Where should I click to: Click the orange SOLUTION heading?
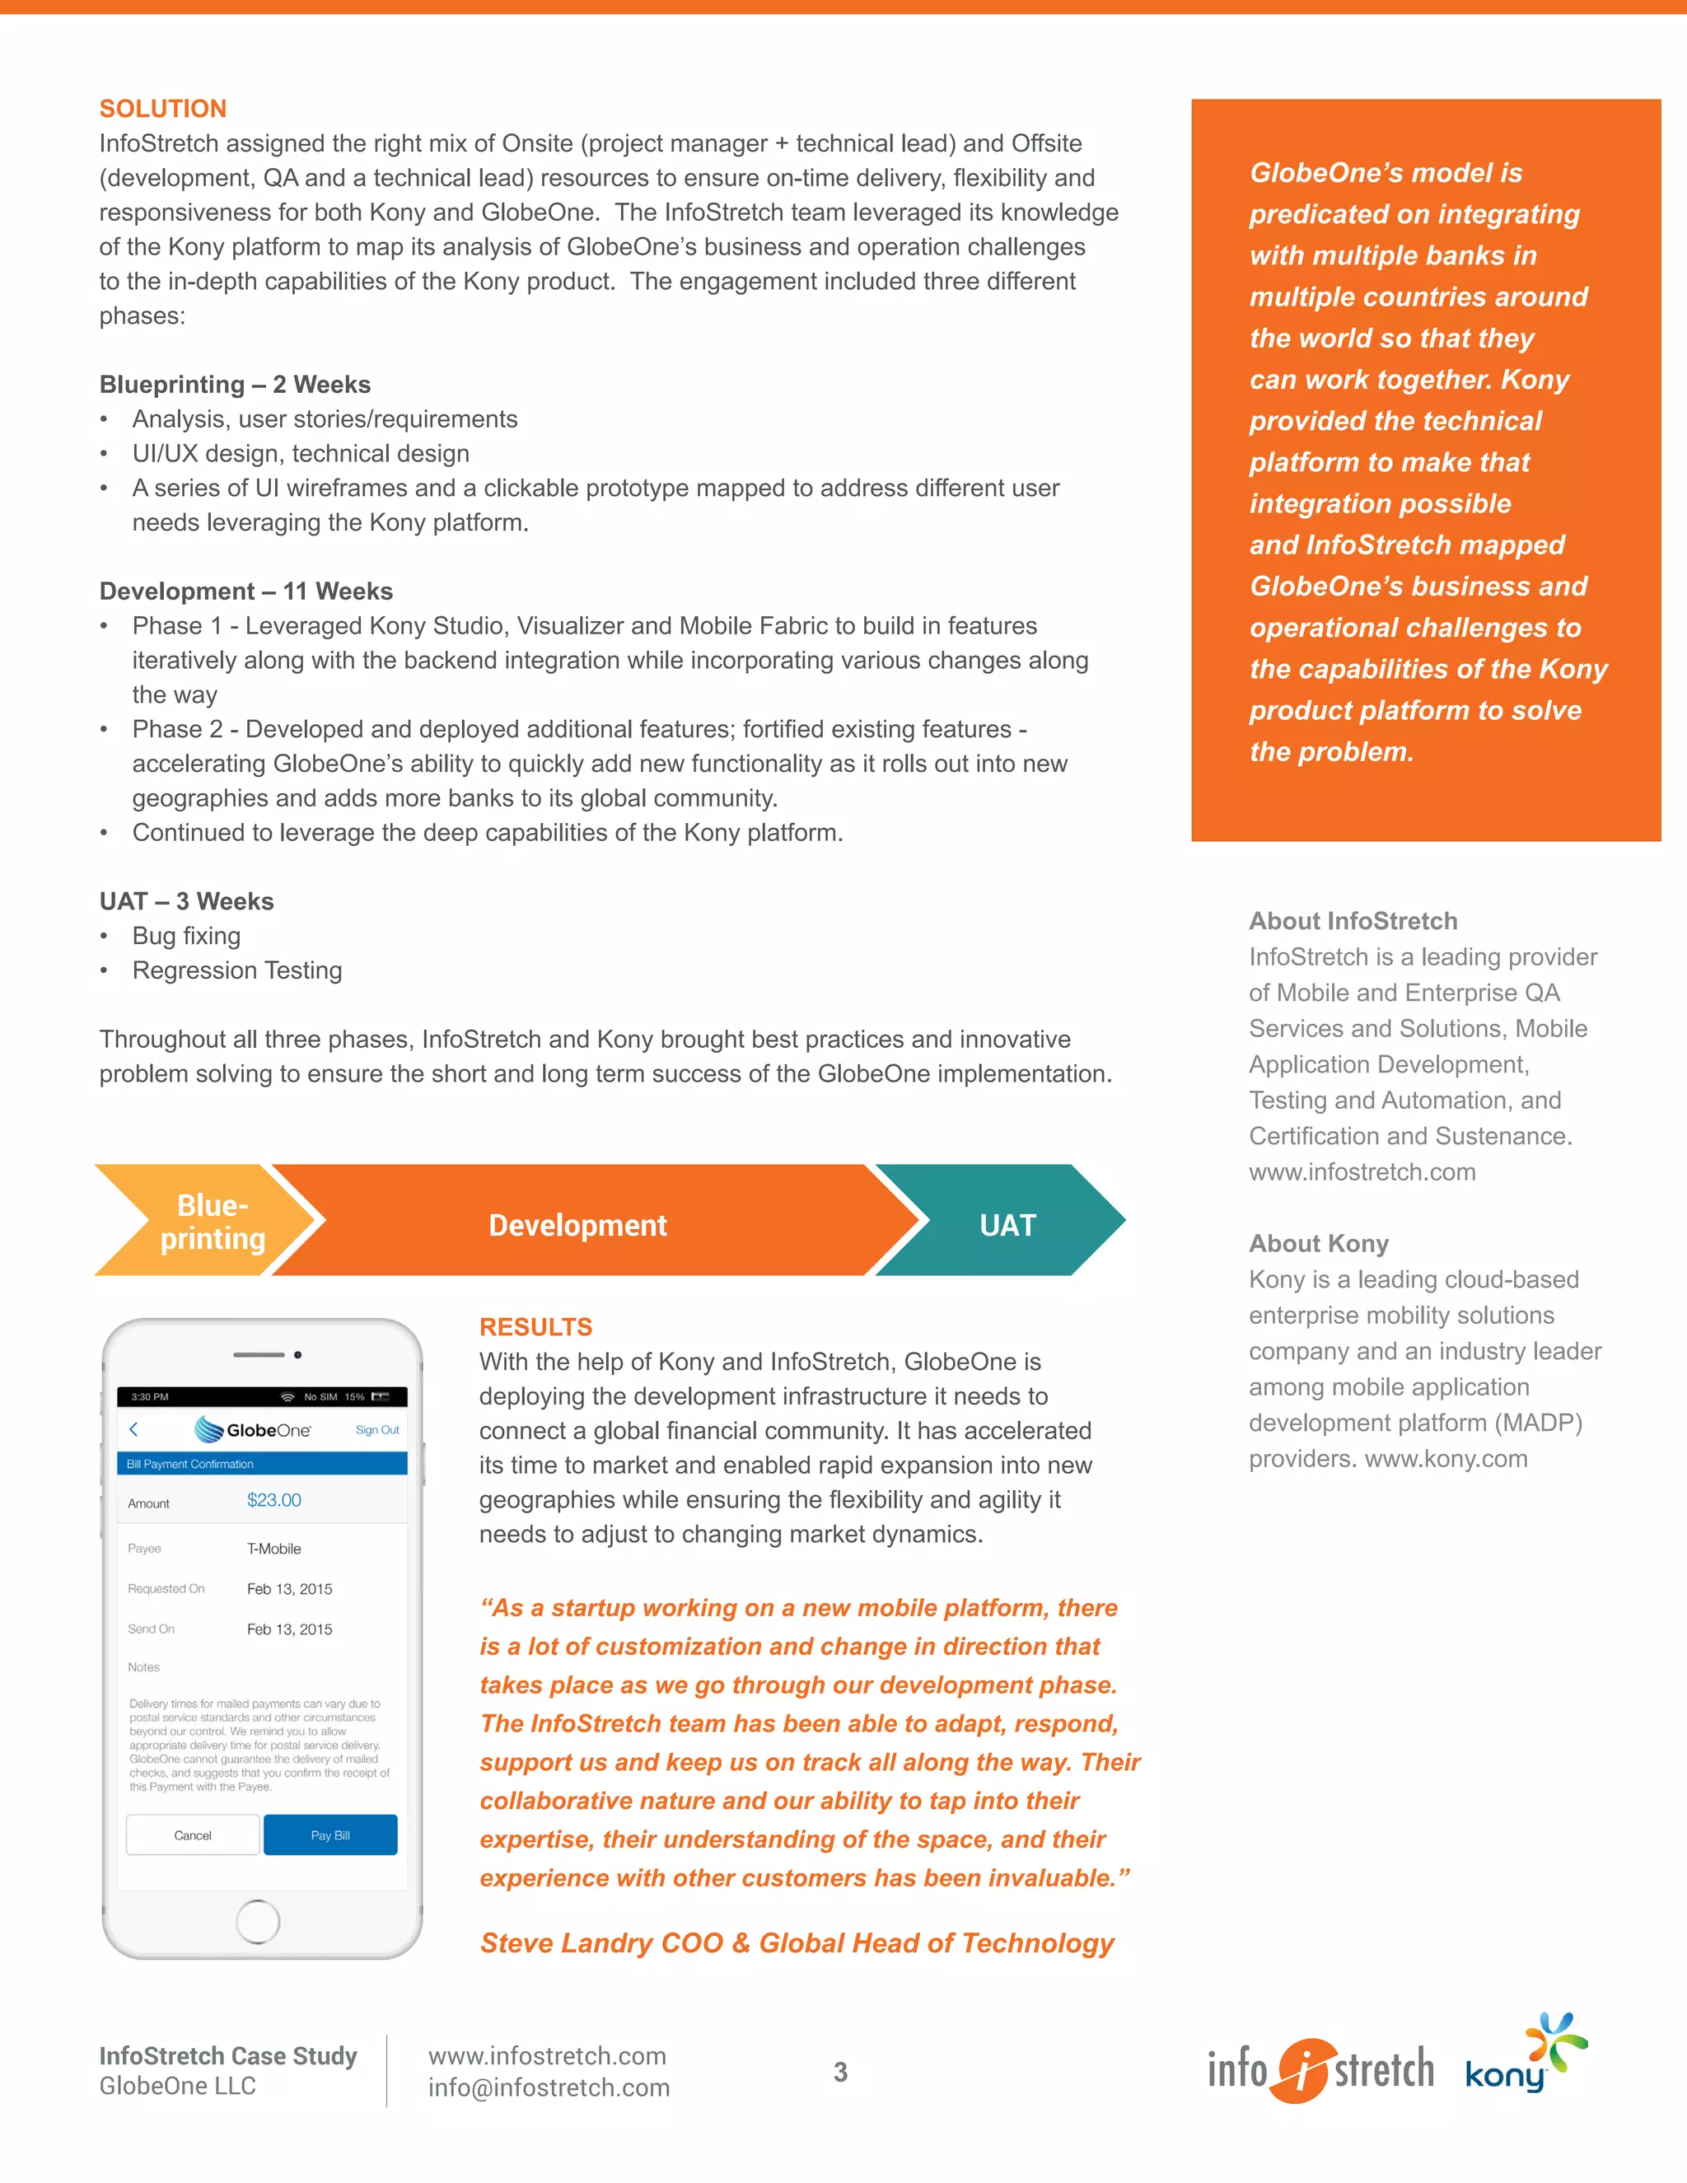point(163,108)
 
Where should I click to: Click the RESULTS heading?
point(535,1326)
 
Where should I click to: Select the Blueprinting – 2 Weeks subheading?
point(235,385)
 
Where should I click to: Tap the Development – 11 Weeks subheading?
point(245,591)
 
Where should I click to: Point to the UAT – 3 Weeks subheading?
point(186,900)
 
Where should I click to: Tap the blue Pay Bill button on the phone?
point(329,1835)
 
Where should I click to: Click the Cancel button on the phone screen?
point(193,1835)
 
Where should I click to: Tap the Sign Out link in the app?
point(376,1429)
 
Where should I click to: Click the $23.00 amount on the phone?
point(273,1499)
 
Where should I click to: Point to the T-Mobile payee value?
point(273,1549)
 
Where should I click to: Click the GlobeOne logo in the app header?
point(253,1429)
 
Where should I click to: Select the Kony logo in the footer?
point(1524,2061)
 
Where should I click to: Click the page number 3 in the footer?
point(840,2071)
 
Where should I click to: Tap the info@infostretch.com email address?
point(549,2087)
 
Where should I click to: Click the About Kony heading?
point(1318,1243)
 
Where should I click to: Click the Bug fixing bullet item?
point(187,936)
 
